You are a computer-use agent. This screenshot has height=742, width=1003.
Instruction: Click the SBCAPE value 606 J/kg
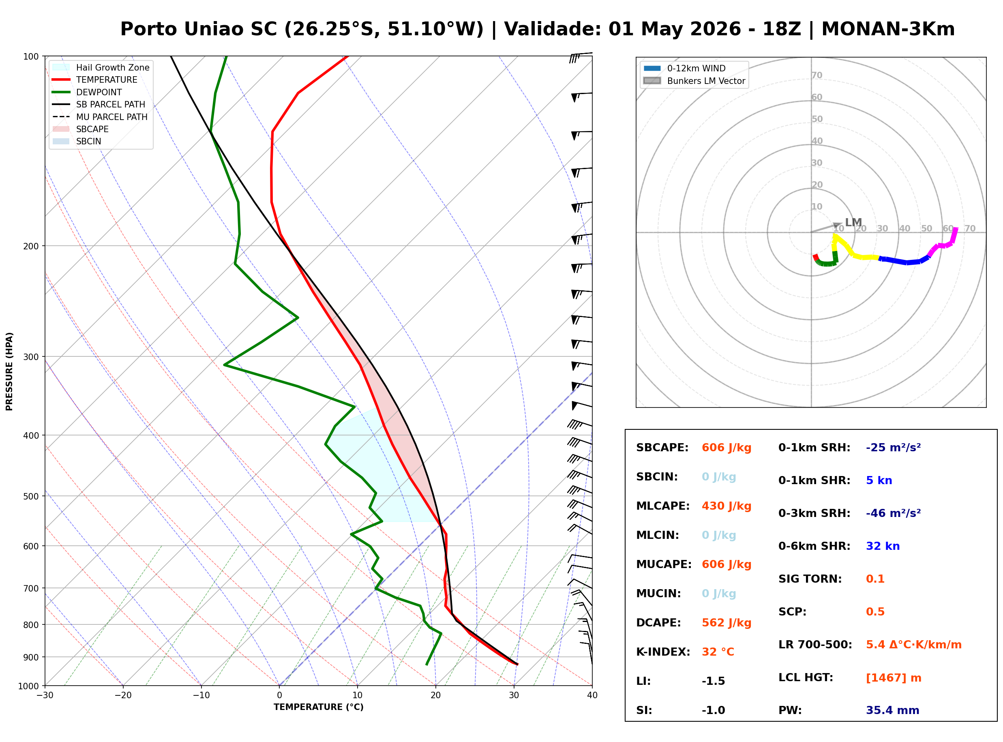(x=726, y=448)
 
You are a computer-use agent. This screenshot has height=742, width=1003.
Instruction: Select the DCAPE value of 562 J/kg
(x=726, y=623)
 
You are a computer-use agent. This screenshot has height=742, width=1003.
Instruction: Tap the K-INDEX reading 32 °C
(x=718, y=652)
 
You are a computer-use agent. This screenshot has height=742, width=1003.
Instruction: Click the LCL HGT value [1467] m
(x=893, y=678)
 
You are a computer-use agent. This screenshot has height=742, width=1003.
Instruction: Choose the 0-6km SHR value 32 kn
(x=882, y=546)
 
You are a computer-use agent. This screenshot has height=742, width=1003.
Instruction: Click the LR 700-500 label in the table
(x=815, y=645)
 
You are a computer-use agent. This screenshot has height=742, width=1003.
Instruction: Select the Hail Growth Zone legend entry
(x=112, y=67)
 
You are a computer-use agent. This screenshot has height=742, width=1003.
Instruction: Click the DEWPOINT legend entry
(x=99, y=92)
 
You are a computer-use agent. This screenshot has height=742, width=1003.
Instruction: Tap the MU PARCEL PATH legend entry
(x=111, y=117)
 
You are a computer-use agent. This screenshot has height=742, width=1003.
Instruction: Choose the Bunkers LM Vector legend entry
(x=705, y=81)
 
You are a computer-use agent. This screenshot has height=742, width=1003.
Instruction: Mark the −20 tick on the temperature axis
(x=122, y=695)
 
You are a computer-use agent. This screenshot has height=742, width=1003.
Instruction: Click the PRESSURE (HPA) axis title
(x=9, y=371)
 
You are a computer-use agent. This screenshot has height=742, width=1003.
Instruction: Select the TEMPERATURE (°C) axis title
(x=318, y=707)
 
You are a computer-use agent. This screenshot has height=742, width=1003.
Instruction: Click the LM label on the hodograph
(x=853, y=222)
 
